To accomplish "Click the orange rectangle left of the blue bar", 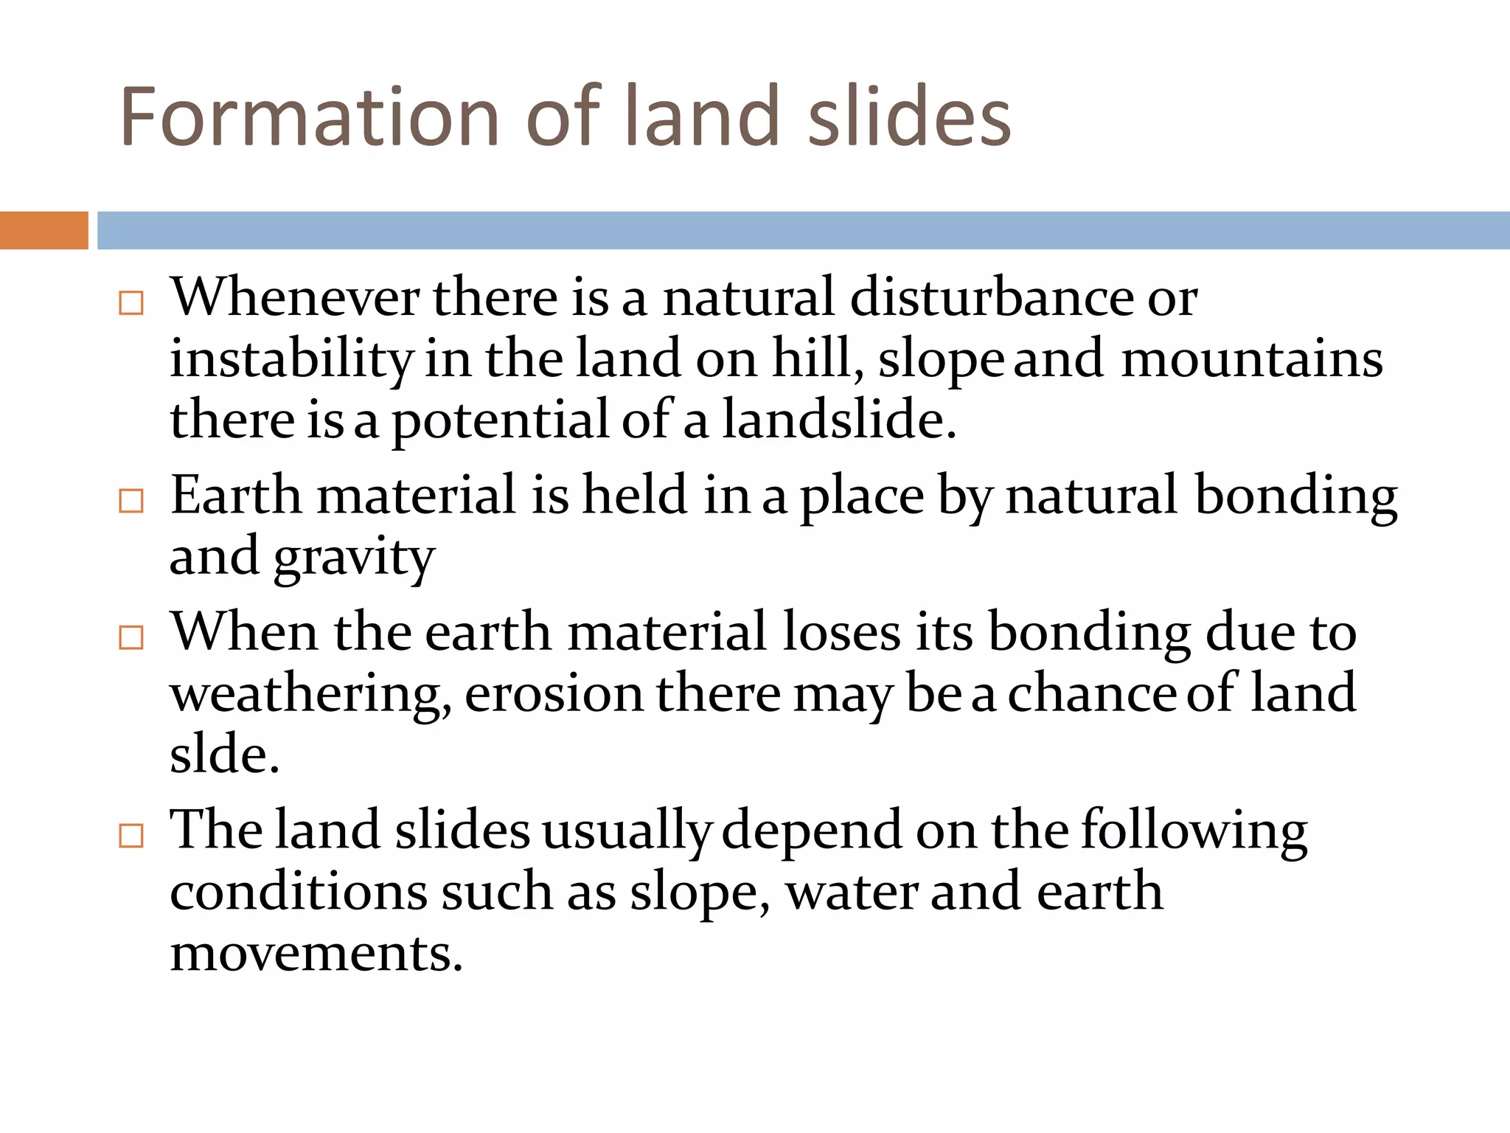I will (44, 230).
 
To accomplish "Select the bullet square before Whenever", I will (131, 303).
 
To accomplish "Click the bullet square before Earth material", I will (131, 501).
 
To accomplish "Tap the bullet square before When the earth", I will (131, 637).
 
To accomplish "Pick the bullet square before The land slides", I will (131, 836).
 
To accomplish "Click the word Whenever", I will (295, 298).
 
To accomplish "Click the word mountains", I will (1251, 360).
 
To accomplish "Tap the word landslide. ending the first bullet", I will (838, 420).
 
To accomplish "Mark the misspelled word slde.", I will (224, 755).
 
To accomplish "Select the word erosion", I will (554, 695).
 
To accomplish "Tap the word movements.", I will (316, 954).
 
